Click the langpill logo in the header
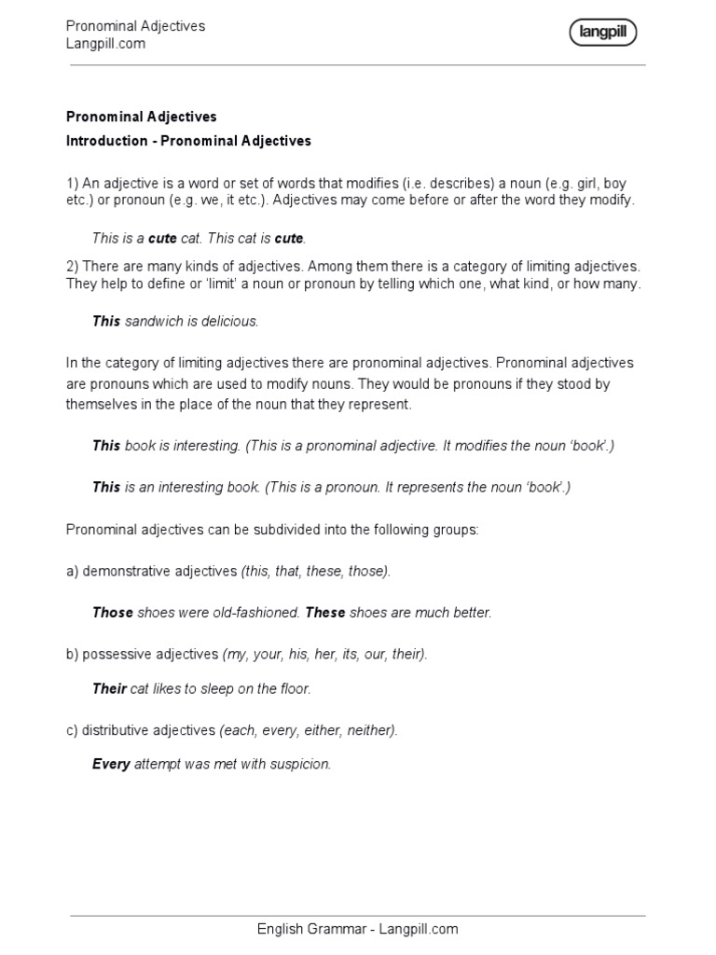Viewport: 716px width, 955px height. pos(602,34)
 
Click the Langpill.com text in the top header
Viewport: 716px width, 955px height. pos(105,44)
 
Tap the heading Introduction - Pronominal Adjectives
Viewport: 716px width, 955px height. pos(188,141)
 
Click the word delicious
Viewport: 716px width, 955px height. pos(229,321)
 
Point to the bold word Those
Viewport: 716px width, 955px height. pos(113,613)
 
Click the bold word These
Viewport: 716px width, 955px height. pos(325,613)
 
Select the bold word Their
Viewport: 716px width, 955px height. pos(109,689)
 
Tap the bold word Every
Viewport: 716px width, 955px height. pos(111,765)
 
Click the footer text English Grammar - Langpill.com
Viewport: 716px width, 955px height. pos(358,929)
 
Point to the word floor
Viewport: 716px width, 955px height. pos(294,689)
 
